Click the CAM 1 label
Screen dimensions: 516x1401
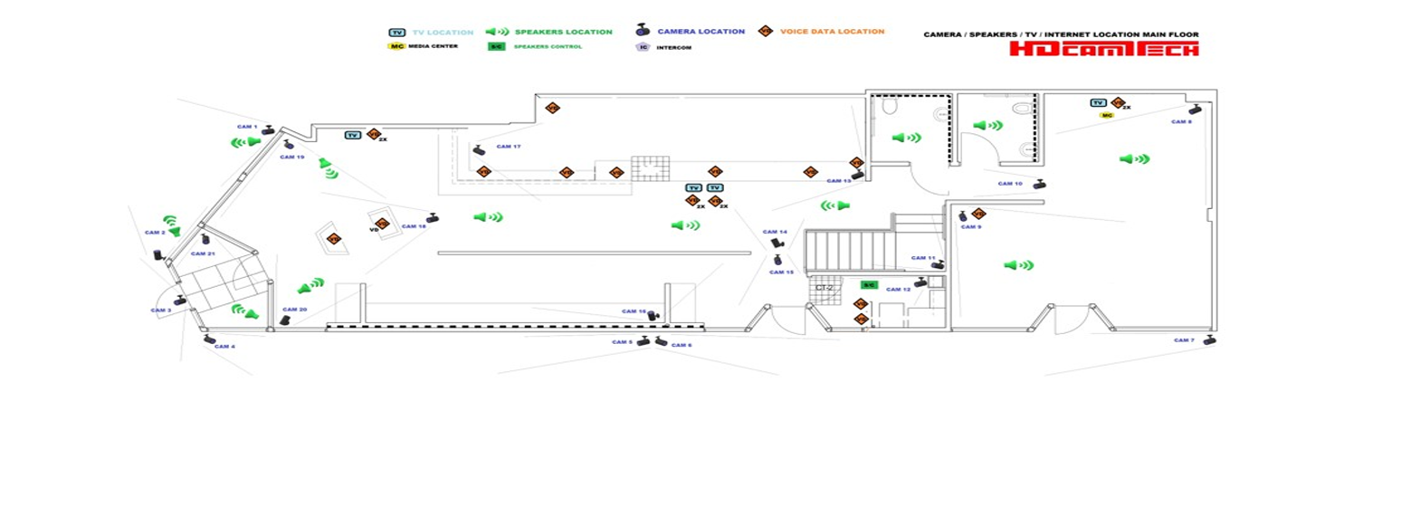click(x=247, y=127)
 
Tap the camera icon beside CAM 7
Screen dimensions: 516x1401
click(x=1209, y=339)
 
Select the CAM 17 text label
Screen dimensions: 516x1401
click(x=510, y=147)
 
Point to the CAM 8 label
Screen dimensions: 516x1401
click(x=1181, y=121)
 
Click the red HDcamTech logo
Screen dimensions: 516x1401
click(x=1103, y=49)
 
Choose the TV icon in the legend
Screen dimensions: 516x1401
click(x=396, y=32)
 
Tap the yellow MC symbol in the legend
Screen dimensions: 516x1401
click(x=396, y=45)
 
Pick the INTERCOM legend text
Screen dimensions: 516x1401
click(x=672, y=47)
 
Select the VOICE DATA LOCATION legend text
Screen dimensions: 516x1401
click(x=832, y=32)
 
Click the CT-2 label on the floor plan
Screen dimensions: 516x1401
click(x=824, y=288)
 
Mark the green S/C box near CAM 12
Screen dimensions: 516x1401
click(x=868, y=285)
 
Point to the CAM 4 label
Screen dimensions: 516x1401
click(x=224, y=347)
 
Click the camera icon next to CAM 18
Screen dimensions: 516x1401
click(x=434, y=217)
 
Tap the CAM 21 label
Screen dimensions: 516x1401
click(x=203, y=254)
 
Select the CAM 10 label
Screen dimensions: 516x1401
click(x=1010, y=184)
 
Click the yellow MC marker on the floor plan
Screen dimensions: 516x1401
click(x=1106, y=116)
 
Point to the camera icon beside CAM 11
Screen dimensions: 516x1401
click(x=940, y=264)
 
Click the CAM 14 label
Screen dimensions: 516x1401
click(x=775, y=232)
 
